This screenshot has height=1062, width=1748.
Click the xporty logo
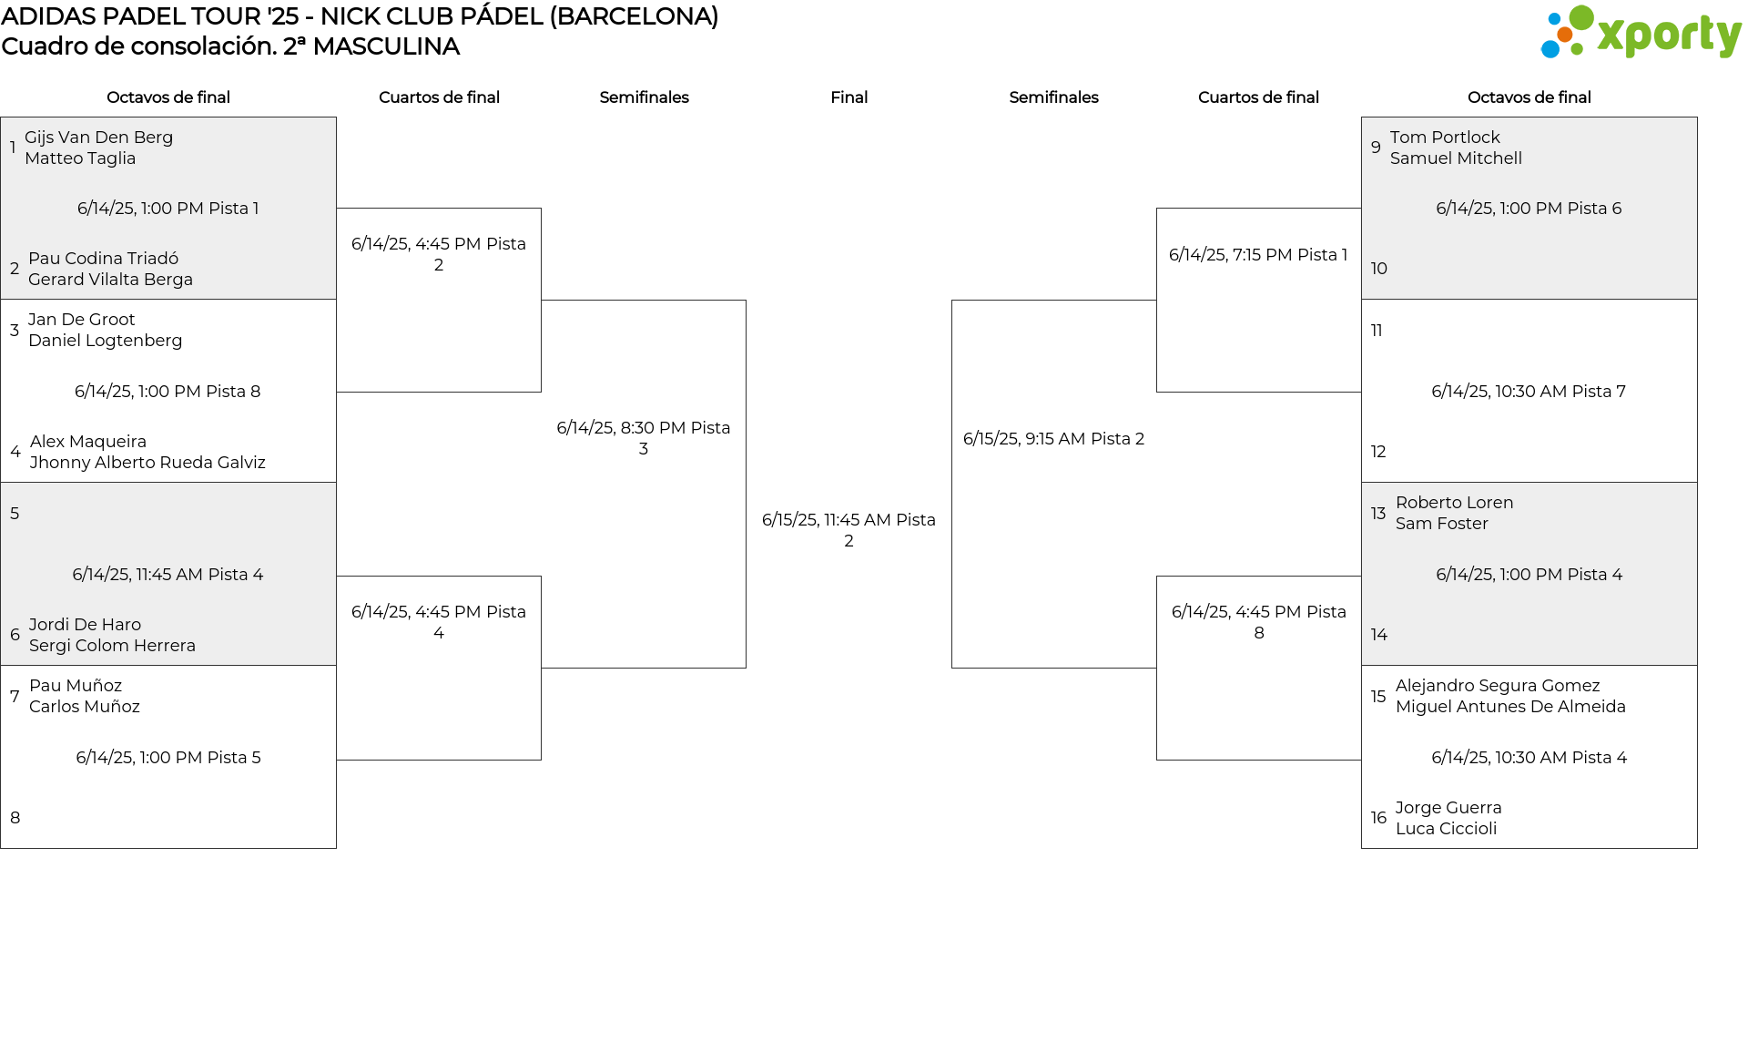click(1641, 33)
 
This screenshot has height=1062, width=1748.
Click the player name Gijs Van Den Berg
click(98, 138)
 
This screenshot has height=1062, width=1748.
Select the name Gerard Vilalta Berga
click(110, 280)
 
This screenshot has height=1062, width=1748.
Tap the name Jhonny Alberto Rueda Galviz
click(147, 463)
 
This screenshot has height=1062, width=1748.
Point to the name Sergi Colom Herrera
click(112, 646)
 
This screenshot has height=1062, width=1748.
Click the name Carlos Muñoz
click(85, 707)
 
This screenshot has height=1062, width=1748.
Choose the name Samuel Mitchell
click(1456, 158)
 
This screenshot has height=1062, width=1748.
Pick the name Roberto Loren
click(1454, 503)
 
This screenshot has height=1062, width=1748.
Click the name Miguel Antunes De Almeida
click(1510, 707)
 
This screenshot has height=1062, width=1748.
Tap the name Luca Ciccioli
click(1446, 829)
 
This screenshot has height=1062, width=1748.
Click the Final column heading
click(849, 97)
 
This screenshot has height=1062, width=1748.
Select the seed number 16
click(1378, 818)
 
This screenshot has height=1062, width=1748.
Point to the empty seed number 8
click(15, 818)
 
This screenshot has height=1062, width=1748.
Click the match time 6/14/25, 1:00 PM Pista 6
click(1529, 209)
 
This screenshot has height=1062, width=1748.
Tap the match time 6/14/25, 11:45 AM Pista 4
click(168, 575)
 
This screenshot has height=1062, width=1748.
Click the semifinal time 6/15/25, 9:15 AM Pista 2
click(1053, 439)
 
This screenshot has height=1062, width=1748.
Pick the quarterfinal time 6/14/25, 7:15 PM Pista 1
click(1258, 255)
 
